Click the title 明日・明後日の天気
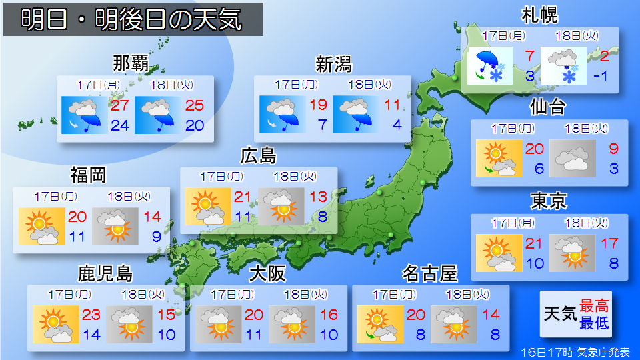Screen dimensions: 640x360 pos(132,20)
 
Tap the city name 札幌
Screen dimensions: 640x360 pos(539,14)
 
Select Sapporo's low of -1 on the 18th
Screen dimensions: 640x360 pos(601,75)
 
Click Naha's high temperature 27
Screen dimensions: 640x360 pos(120,105)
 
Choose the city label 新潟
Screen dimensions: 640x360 pos(333,64)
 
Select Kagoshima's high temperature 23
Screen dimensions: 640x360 pos(91,315)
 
